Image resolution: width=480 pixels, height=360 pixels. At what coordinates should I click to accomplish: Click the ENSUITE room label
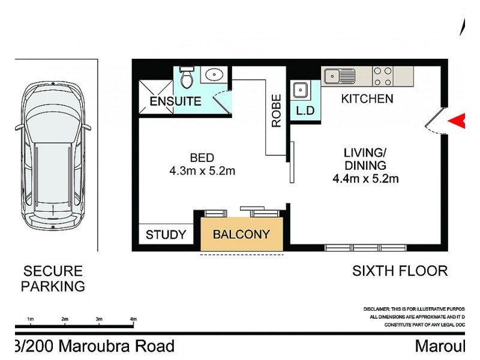point(175,101)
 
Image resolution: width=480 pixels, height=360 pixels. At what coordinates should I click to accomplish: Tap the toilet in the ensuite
point(186,77)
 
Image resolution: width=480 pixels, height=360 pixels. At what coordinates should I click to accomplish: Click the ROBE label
point(277,111)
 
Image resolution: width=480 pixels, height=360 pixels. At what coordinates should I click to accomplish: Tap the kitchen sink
point(340,76)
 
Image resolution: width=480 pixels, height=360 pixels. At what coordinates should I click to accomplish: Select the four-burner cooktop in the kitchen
point(383,76)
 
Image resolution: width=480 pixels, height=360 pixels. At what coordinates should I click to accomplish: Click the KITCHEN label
point(367,99)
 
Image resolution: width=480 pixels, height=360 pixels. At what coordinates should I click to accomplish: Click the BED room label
point(202,158)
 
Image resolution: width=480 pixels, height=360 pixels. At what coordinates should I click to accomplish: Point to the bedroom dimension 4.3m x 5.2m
point(202,171)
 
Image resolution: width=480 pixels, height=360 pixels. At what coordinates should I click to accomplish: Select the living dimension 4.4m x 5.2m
point(366,178)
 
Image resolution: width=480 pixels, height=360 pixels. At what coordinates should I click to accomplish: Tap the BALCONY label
point(241,234)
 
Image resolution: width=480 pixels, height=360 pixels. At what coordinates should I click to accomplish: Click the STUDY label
point(166,235)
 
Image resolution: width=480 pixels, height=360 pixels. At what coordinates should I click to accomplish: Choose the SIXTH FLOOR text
point(400,271)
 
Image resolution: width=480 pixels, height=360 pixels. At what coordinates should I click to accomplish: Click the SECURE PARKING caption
point(53,279)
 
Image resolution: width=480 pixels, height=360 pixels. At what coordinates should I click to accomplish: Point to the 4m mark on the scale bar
point(133,319)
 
